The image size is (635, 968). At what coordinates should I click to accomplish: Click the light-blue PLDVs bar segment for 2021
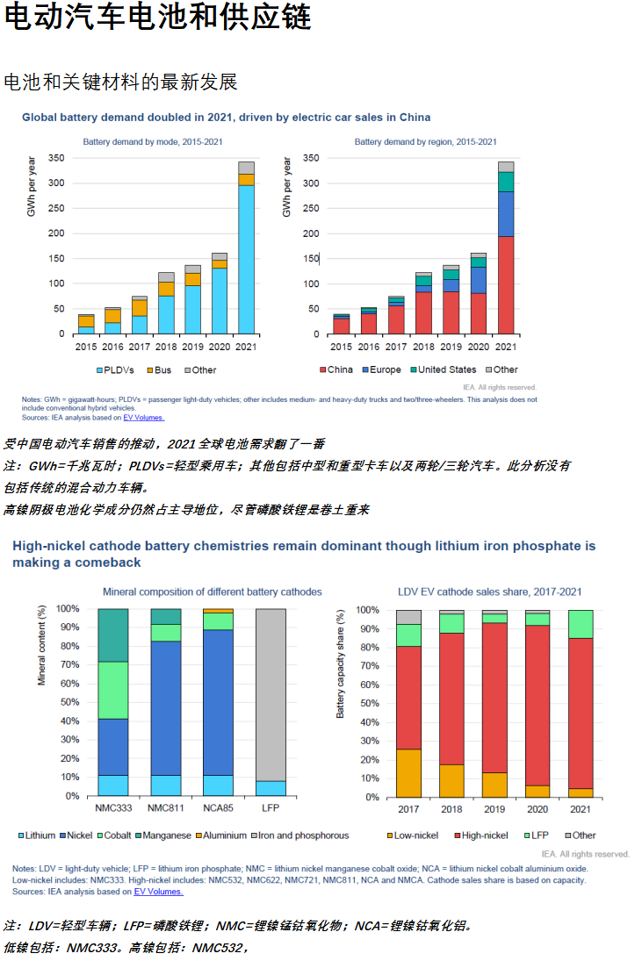pyautogui.click(x=247, y=259)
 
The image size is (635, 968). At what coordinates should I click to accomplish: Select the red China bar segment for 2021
pyautogui.click(x=506, y=284)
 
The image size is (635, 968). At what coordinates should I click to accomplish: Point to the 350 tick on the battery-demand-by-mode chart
pyautogui.click(x=55, y=158)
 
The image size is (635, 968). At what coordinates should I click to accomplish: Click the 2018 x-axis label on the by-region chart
pyautogui.click(x=423, y=347)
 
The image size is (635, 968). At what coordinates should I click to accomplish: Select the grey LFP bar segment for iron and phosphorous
pyautogui.click(x=271, y=693)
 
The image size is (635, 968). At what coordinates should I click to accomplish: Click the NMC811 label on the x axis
pyautogui.click(x=166, y=807)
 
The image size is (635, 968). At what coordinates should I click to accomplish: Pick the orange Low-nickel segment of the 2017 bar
pyautogui.click(x=409, y=772)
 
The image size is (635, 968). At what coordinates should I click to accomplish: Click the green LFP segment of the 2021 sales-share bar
pyautogui.click(x=581, y=623)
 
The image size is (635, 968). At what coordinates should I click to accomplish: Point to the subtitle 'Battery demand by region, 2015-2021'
pyautogui.click(x=425, y=141)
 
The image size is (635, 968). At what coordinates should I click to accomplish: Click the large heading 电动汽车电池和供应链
pyautogui.click(x=158, y=18)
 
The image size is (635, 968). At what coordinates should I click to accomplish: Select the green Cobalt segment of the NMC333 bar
pyautogui.click(x=113, y=690)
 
